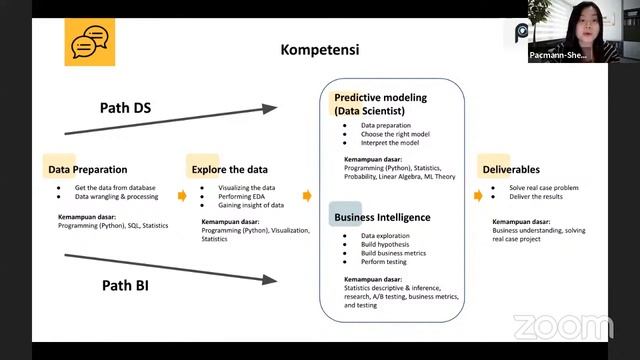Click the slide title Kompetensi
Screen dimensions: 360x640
click(319, 49)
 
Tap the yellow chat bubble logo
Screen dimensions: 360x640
click(90, 42)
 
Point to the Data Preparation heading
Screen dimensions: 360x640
click(87, 169)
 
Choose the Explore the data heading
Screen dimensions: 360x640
click(230, 169)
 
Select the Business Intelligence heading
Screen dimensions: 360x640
click(382, 217)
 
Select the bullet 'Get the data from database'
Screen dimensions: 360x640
click(115, 187)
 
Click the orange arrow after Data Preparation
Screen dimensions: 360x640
click(182, 196)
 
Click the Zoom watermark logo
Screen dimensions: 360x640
click(562, 327)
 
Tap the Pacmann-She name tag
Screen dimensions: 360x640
click(561, 56)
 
